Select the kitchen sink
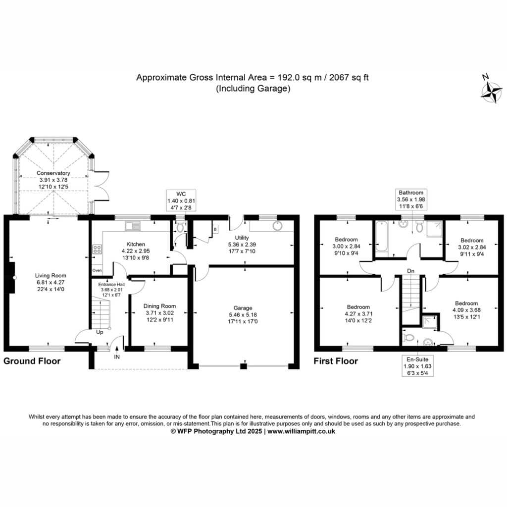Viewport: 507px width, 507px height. pyautogui.click(x=133, y=226)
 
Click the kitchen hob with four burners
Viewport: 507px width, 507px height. pyautogui.click(x=98, y=250)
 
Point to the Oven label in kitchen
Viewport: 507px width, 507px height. pyautogui.click(x=97, y=270)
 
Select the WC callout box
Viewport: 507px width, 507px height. pyautogui.click(x=181, y=201)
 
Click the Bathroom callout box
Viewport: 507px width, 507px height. pyautogui.click(x=411, y=199)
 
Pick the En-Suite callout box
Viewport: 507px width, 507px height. pyautogui.click(x=417, y=366)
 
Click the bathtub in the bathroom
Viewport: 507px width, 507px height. pyautogui.click(x=382, y=236)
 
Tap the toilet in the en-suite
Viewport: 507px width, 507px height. pyautogui.click(x=408, y=338)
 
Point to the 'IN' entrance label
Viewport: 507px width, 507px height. pyautogui.click(x=117, y=357)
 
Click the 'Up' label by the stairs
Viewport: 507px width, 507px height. pyautogui.click(x=100, y=332)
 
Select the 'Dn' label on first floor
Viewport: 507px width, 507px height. pyautogui.click(x=410, y=271)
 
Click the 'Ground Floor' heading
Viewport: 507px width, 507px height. pyautogui.click(x=32, y=361)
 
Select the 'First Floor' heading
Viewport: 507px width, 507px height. pyautogui.click(x=336, y=361)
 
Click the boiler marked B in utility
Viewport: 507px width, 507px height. pyautogui.click(x=215, y=229)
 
